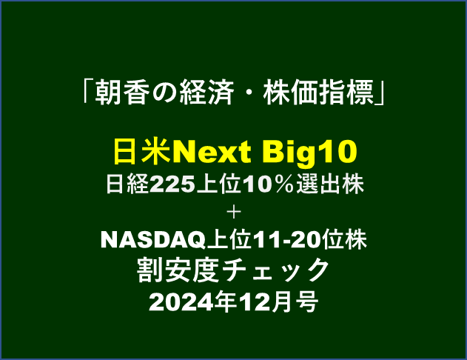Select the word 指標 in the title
tap(346, 93)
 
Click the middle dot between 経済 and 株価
tap(248, 93)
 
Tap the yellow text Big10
tap(309, 153)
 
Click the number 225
tap(172, 184)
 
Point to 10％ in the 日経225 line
tap(268, 184)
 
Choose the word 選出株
tap(330, 184)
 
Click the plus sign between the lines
tap(234, 213)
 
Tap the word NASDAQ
tap(153, 240)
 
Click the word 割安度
tap(178, 270)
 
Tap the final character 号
tap(307, 302)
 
